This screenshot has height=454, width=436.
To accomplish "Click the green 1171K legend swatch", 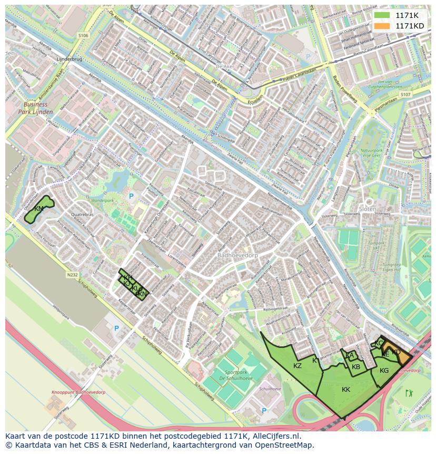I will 382,16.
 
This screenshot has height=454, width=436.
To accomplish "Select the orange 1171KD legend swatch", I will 382,26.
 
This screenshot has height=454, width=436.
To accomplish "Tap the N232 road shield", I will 73,275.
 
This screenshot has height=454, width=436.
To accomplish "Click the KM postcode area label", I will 38,209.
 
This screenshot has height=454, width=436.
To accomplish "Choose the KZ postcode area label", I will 298,365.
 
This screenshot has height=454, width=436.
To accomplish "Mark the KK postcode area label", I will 346,390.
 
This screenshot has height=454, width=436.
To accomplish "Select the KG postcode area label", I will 384,371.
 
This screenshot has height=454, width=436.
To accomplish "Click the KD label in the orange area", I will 397,352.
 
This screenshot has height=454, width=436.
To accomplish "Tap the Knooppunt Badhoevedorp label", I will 71,392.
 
